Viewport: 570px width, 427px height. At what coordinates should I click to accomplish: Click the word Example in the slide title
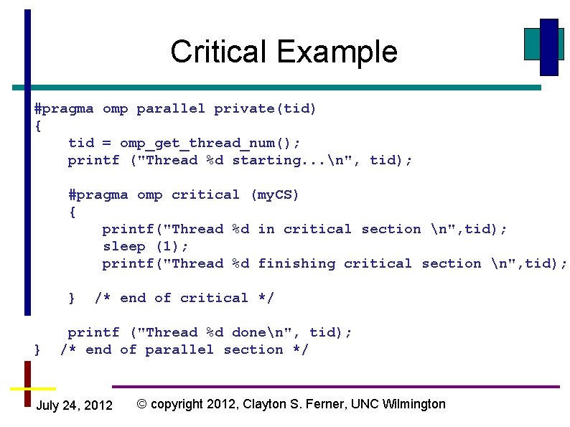tap(337, 52)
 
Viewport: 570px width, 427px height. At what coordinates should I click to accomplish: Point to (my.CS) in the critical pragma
tap(274, 194)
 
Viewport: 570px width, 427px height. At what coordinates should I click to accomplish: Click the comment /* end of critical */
tap(184, 298)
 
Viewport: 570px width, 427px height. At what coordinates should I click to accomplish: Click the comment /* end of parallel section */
tap(184, 349)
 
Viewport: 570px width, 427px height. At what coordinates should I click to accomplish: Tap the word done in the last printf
tap(248, 332)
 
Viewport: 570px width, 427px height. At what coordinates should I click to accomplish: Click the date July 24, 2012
tap(74, 405)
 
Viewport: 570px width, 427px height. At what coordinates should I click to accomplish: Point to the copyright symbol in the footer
tap(141, 404)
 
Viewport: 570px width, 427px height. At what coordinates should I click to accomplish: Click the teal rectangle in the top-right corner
tap(533, 44)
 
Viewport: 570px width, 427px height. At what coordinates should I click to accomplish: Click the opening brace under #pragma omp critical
tap(72, 212)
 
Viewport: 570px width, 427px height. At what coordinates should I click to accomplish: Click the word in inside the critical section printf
tap(266, 229)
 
